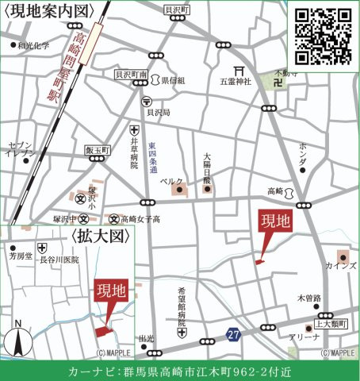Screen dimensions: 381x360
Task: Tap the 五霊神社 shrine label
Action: [236, 81]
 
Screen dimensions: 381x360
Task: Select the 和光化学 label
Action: [33, 45]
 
